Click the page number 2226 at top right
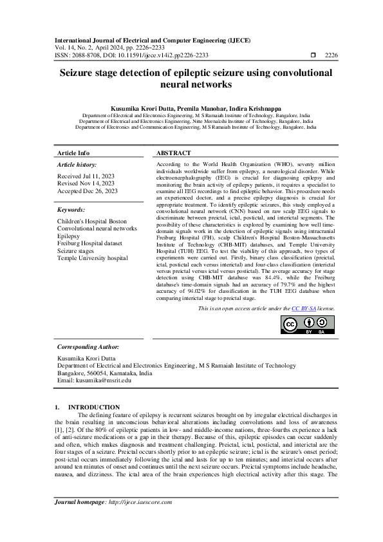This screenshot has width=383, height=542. pos(331,55)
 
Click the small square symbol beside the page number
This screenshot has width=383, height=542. pos(313,55)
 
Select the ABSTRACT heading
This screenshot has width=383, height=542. pos(174,153)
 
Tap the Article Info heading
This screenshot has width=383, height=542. pos(74,153)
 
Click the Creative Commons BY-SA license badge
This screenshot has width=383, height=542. pos(308,325)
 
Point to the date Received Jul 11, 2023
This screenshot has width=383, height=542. pos(86,176)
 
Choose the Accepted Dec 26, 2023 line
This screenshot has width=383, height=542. pos(88,191)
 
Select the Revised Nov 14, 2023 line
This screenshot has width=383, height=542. pos(86,183)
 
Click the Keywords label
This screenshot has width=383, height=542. pos(71,210)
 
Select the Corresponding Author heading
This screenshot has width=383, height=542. pos(88,347)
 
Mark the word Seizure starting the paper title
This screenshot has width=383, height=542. pos(80,73)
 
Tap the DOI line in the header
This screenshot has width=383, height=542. pos(131,55)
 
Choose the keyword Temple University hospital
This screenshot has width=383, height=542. pos(93,259)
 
